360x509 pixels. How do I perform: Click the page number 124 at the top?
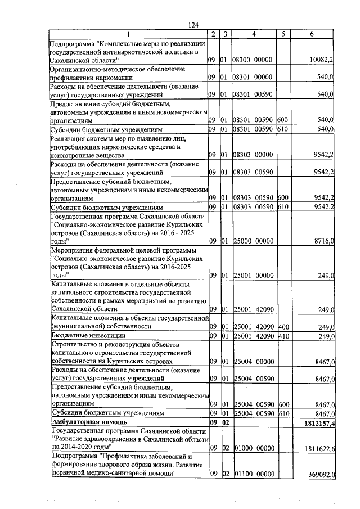(x=194, y=25)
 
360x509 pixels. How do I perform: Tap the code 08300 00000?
(x=253, y=59)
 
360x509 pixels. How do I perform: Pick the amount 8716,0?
(x=325, y=241)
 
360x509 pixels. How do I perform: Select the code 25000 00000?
(x=253, y=241)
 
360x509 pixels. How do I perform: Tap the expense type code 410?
(x=283, y=336)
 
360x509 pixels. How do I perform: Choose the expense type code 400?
(x=283, y=326)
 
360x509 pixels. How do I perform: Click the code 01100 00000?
(x=253, y=475)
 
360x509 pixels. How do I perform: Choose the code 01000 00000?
(x=253, y=448)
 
